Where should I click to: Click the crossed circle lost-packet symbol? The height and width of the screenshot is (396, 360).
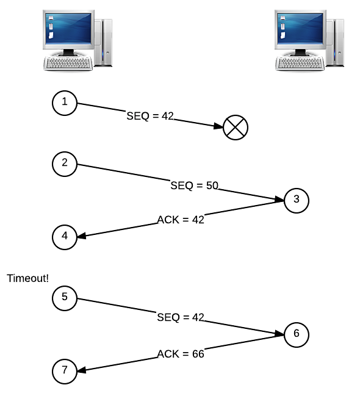point(236,128)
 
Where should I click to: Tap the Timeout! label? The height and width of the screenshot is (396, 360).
point(27,278)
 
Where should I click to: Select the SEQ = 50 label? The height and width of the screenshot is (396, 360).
point(194,185)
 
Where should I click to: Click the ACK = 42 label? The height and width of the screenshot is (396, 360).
point(181,220)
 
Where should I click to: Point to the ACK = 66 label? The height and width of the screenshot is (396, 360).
point(181,354)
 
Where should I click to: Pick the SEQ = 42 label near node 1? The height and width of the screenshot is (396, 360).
point(150,116)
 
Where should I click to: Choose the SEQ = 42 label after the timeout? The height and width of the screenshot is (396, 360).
point(181,317)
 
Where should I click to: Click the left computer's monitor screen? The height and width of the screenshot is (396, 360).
point(68,29)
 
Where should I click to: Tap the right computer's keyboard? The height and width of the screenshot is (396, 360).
point(300,62)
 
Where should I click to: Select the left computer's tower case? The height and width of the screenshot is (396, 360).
point(103,43)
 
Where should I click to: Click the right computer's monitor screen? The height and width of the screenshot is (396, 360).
point(300,29)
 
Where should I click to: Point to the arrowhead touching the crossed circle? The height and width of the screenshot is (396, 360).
point(218,126)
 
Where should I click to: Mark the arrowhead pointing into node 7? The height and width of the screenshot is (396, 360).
point(82,370)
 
